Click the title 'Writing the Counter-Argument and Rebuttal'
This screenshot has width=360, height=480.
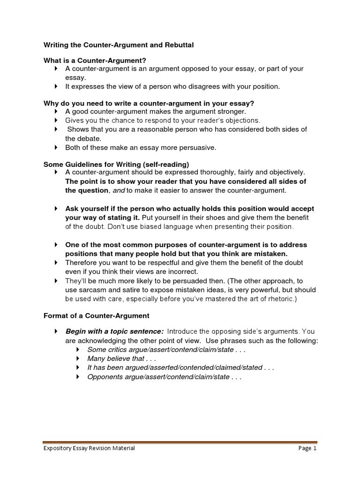(x=118, y=45)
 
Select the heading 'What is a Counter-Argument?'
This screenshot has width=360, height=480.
(x=95, y=60)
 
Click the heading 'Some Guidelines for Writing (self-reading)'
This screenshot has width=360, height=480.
(x=116, y=164)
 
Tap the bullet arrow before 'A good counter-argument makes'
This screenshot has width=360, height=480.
(x=56, y=112)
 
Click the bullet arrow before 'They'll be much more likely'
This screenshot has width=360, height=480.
(x=56, y=281)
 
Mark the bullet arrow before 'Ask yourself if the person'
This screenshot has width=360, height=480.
(x=56, y=209)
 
